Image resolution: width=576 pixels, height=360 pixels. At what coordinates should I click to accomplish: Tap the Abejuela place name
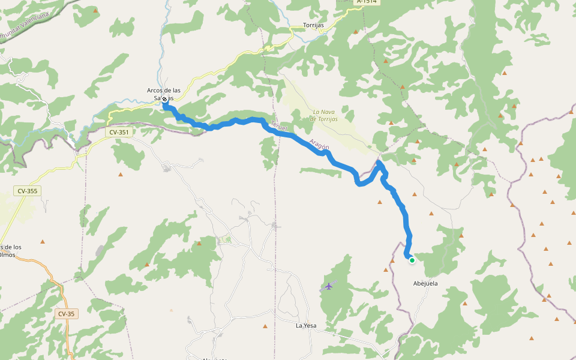[425, 283]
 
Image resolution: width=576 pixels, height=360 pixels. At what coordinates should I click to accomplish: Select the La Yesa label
[306, 326]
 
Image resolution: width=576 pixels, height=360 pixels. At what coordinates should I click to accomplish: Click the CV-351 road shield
[120, 131]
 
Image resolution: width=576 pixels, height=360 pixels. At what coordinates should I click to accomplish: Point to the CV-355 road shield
[28, 191]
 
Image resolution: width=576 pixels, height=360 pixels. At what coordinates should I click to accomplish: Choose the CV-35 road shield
[66, 314]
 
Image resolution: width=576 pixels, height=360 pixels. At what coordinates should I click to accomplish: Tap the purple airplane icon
[328, 286]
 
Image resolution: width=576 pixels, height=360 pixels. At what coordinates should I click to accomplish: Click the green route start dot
[412, 260]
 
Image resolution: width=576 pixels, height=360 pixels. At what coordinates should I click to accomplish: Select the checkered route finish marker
[164, 100]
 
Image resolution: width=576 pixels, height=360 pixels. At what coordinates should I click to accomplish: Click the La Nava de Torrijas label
[324, 115]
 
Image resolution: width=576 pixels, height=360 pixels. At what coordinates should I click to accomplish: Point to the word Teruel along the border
[280, 127]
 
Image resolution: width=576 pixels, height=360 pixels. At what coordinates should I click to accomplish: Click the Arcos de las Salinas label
[160, 94]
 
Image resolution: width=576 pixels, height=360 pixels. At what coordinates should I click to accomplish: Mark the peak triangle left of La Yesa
[265, 326]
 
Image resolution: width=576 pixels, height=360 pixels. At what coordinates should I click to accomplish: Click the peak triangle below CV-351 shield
[120, 175]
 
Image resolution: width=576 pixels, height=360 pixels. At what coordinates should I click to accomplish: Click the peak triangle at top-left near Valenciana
[96, 10]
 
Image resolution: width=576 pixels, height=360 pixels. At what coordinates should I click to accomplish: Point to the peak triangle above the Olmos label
[43, 242]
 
